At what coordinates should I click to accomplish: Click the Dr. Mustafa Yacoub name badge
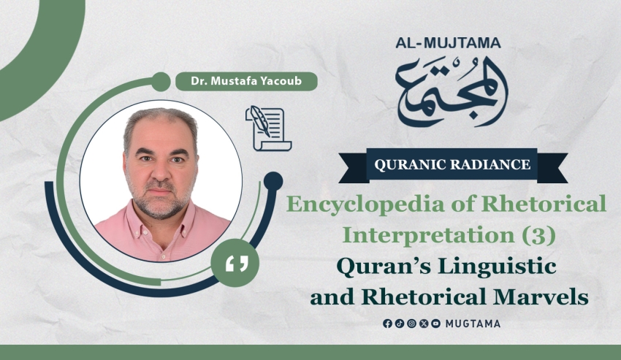246,81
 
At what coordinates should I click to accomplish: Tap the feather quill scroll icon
269,129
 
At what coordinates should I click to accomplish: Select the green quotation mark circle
235,263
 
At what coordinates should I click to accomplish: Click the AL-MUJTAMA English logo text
448,43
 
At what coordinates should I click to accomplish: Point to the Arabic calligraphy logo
452,91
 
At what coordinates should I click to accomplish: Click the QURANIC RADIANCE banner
453,165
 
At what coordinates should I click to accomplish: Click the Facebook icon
387,323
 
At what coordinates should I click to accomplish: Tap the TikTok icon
399,323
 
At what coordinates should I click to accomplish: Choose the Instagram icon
411,323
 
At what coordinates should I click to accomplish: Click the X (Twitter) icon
423,323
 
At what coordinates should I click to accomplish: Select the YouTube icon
435,323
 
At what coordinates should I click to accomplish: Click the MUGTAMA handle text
473,323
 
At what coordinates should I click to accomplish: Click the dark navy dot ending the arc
273,181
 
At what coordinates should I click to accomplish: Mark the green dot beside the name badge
161,82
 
